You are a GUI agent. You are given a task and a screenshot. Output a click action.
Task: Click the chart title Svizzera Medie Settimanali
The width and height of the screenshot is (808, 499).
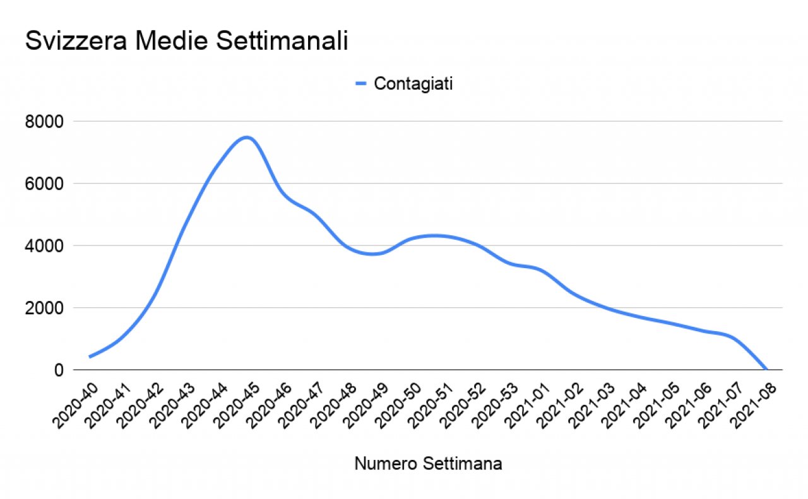point(186,42)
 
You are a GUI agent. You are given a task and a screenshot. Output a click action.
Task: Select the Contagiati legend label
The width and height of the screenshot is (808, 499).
point(413,84)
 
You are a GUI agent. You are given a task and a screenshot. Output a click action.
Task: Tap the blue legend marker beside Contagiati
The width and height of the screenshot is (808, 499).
point(360,84)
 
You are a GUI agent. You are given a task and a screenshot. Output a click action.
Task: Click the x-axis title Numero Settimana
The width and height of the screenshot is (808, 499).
point(428,464)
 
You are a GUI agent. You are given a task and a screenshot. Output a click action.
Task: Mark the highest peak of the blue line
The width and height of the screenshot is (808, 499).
point(247,137)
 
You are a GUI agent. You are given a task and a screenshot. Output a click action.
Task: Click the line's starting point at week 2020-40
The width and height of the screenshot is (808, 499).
point(90,357)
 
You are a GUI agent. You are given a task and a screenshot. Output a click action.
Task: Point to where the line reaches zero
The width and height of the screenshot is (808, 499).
point(766,370)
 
